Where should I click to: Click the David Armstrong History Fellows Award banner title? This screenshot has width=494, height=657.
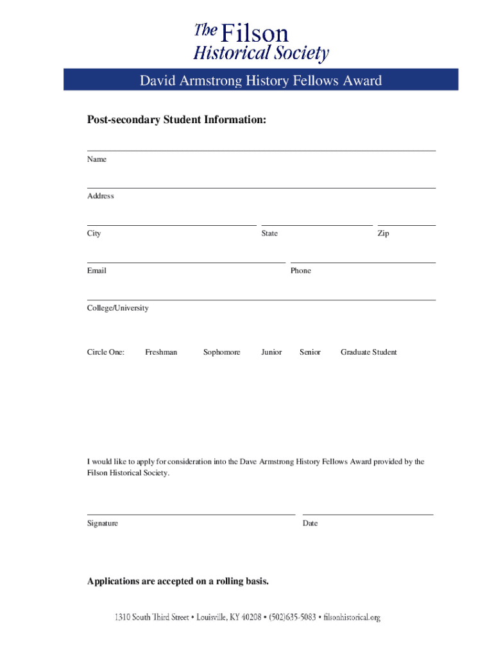click(260, 80)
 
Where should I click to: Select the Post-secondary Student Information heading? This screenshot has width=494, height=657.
click(176, 120)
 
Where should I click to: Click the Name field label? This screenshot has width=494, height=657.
click(97, 159)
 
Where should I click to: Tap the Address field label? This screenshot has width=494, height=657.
click(101, 196)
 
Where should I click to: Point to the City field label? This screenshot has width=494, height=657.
click(94, 234)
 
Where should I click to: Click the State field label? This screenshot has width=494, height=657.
click(269, 234)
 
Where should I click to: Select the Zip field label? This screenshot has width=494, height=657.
click(383, 234)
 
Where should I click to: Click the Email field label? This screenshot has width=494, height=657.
click(97, 271)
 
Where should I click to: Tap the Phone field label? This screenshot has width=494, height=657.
click(300, 271)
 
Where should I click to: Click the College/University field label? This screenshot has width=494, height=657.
click(118, 308)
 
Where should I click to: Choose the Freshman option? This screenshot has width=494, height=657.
click(161, 352)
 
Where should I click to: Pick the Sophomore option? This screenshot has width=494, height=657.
click(222, 352)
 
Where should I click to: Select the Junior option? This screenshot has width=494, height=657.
click(271, 352)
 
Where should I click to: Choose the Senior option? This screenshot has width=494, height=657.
click(310, 352)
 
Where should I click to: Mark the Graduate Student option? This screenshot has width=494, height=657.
click(369, 352)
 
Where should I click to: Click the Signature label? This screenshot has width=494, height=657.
click(103, 524)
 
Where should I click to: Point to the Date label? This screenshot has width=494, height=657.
click(311, 524)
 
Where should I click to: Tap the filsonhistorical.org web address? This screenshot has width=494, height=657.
click(352, 618)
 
